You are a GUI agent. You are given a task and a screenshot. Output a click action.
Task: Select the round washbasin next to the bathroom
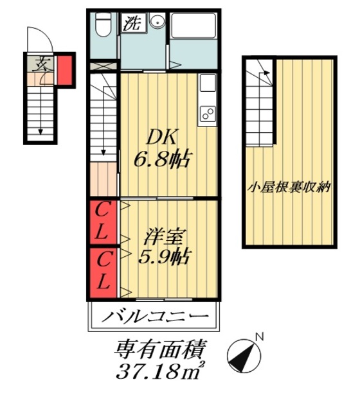click(x=156, y=24)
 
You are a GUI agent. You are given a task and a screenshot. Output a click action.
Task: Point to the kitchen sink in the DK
click(x=207, y=84)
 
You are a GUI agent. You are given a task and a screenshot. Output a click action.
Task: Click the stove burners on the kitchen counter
click(x=208, y=114)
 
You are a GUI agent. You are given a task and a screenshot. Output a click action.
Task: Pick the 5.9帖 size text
click(x=163, y=257)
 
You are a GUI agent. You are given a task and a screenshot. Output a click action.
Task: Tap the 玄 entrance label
click(x=44, y=64)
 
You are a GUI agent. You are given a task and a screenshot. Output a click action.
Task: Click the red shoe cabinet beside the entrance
click(x=66, y=70)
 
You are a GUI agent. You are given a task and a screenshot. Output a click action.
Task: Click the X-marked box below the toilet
click(x=104, y=66)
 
